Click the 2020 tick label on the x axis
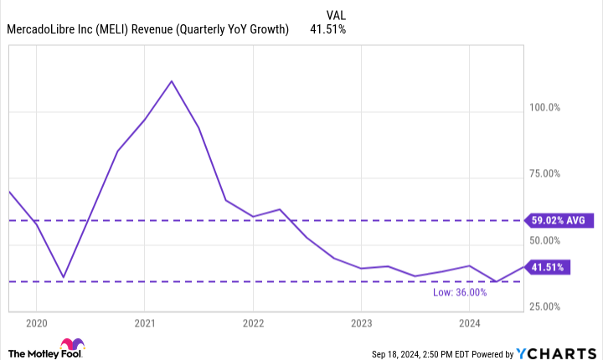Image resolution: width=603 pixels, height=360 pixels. [37, 322]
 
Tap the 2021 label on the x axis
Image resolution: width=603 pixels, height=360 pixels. [145, 322]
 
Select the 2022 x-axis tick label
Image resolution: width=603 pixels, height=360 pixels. [253, 322]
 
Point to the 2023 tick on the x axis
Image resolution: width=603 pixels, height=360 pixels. [361, 322]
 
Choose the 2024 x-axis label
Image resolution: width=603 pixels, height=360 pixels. [469, 322]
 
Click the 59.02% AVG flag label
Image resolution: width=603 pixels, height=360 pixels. [555, 221]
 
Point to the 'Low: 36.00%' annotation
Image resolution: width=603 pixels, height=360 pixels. [482, 292]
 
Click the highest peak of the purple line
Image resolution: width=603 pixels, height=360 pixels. [172, 81]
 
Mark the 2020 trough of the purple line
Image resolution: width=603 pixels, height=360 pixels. [63, 277]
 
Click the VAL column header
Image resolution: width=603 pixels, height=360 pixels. [334, 14]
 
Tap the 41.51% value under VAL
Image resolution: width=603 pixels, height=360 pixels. [327, 30]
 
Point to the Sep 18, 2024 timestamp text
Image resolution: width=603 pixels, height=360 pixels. [401, 354]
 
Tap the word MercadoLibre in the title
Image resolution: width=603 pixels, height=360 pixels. [41, 30]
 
